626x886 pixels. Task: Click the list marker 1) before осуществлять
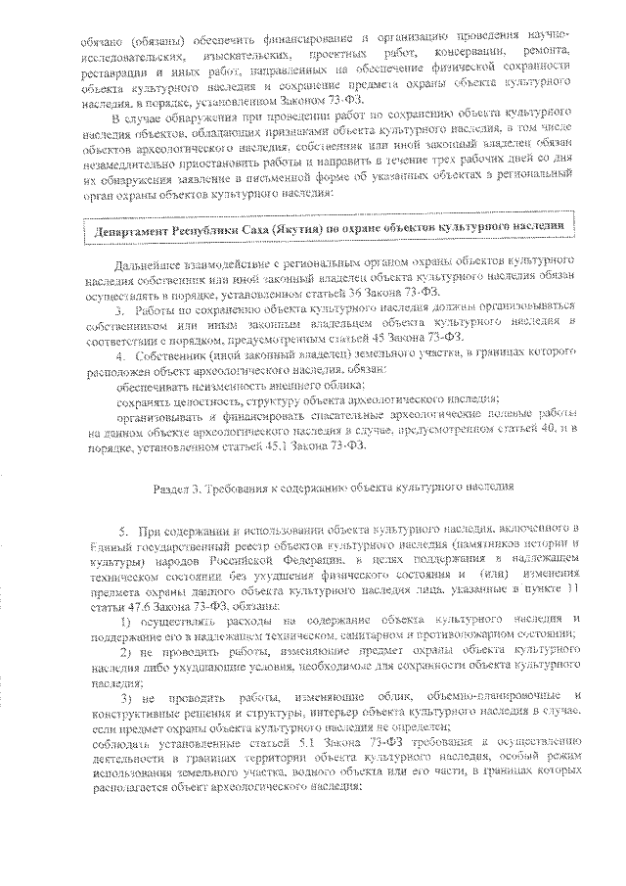tap(127, 622)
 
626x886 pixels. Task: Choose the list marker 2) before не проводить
tap(127, 650)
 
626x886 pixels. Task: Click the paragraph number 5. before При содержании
tap(125, 528)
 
